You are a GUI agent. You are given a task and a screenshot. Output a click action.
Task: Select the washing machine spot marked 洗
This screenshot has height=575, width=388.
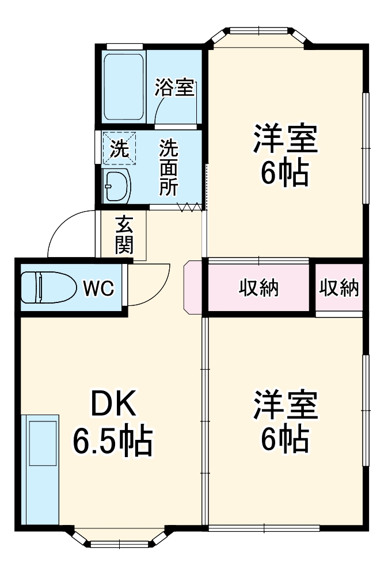pyautogui.click(x=120, y=149)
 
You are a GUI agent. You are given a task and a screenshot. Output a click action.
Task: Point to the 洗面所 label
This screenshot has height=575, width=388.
pyautogui.click(x=169, y=167)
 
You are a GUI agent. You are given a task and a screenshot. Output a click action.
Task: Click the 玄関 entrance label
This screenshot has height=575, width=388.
pyautogui.click(x=124, y=235)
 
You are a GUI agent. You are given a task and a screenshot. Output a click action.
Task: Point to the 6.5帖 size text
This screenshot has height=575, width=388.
pyautogui.click(x=112, y=442)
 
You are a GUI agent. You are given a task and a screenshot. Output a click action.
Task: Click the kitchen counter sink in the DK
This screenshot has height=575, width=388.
pyautogui.click(x=43, y=443)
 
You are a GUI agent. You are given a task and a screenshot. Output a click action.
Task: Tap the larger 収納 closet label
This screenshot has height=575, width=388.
pyautogui.click(x=258, y=288)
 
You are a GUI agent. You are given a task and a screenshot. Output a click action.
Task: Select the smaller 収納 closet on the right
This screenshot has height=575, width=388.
pyautogui.click(x=339, y=288)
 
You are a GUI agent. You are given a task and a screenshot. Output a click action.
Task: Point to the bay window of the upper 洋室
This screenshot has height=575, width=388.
pyautogui.click(x=258, y=36)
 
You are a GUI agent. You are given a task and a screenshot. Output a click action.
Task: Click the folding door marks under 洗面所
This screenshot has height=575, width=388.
pyautogui.click(x=190, y=207)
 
